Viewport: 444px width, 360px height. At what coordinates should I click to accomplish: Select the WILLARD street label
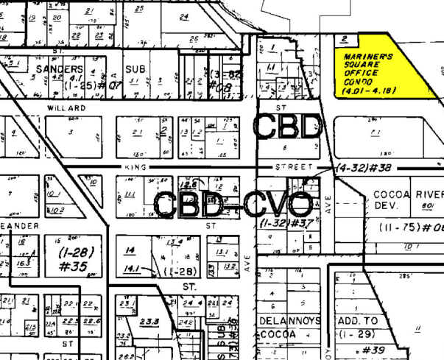coord(67,107)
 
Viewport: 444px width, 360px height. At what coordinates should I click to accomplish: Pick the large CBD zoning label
coord(288,126)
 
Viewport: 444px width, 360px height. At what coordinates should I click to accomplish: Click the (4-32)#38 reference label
coord(359,168)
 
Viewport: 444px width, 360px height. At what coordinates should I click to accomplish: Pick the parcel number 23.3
coord(150,320)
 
